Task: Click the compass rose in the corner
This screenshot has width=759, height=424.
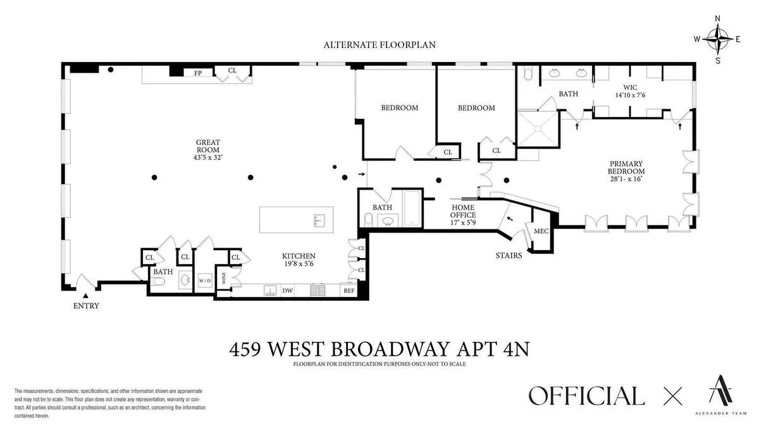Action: pos(717,39)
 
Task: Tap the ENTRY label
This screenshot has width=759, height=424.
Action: pos(86,306)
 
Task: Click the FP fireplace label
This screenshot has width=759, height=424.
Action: pos(198,73)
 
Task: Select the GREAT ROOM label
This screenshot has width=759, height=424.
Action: pos(207,150)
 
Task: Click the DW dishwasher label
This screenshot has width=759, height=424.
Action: pos(287,291)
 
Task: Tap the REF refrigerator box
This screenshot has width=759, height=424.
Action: pos(349,291)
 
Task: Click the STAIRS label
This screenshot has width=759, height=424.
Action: pos(509,256)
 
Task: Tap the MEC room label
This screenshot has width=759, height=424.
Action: pos(541,231)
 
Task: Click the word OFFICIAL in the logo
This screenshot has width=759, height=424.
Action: pos(586,396)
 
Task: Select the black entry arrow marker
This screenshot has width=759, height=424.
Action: pos(86,295)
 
